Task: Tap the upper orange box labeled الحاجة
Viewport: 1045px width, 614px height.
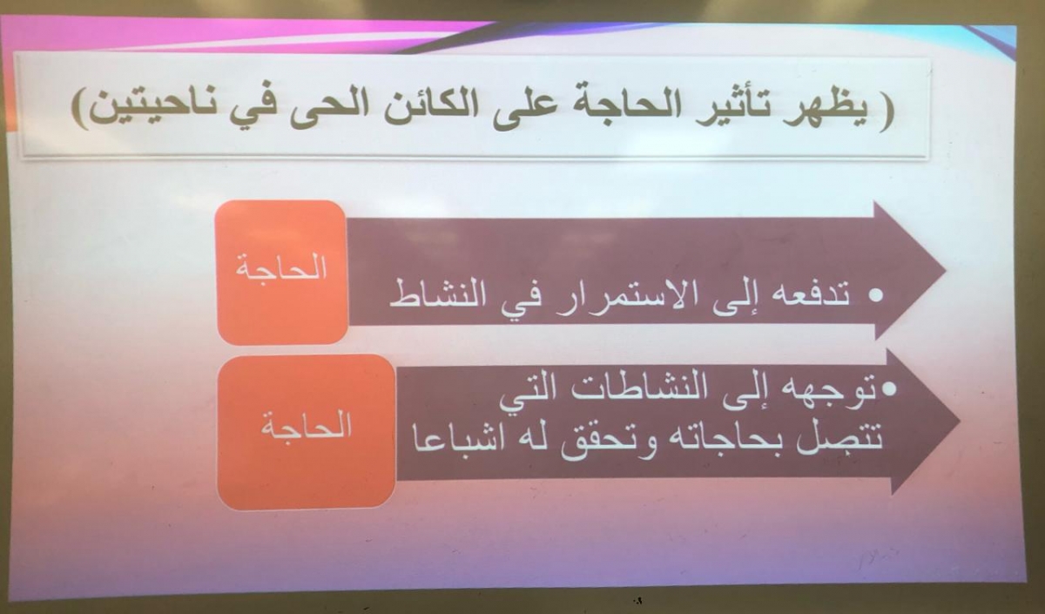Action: click(282, 272)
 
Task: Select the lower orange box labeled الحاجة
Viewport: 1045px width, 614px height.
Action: click(307, 432)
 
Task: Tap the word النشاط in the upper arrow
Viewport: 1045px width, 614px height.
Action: click(437, 294)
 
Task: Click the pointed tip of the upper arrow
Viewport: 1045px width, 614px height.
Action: click(945, 271)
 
